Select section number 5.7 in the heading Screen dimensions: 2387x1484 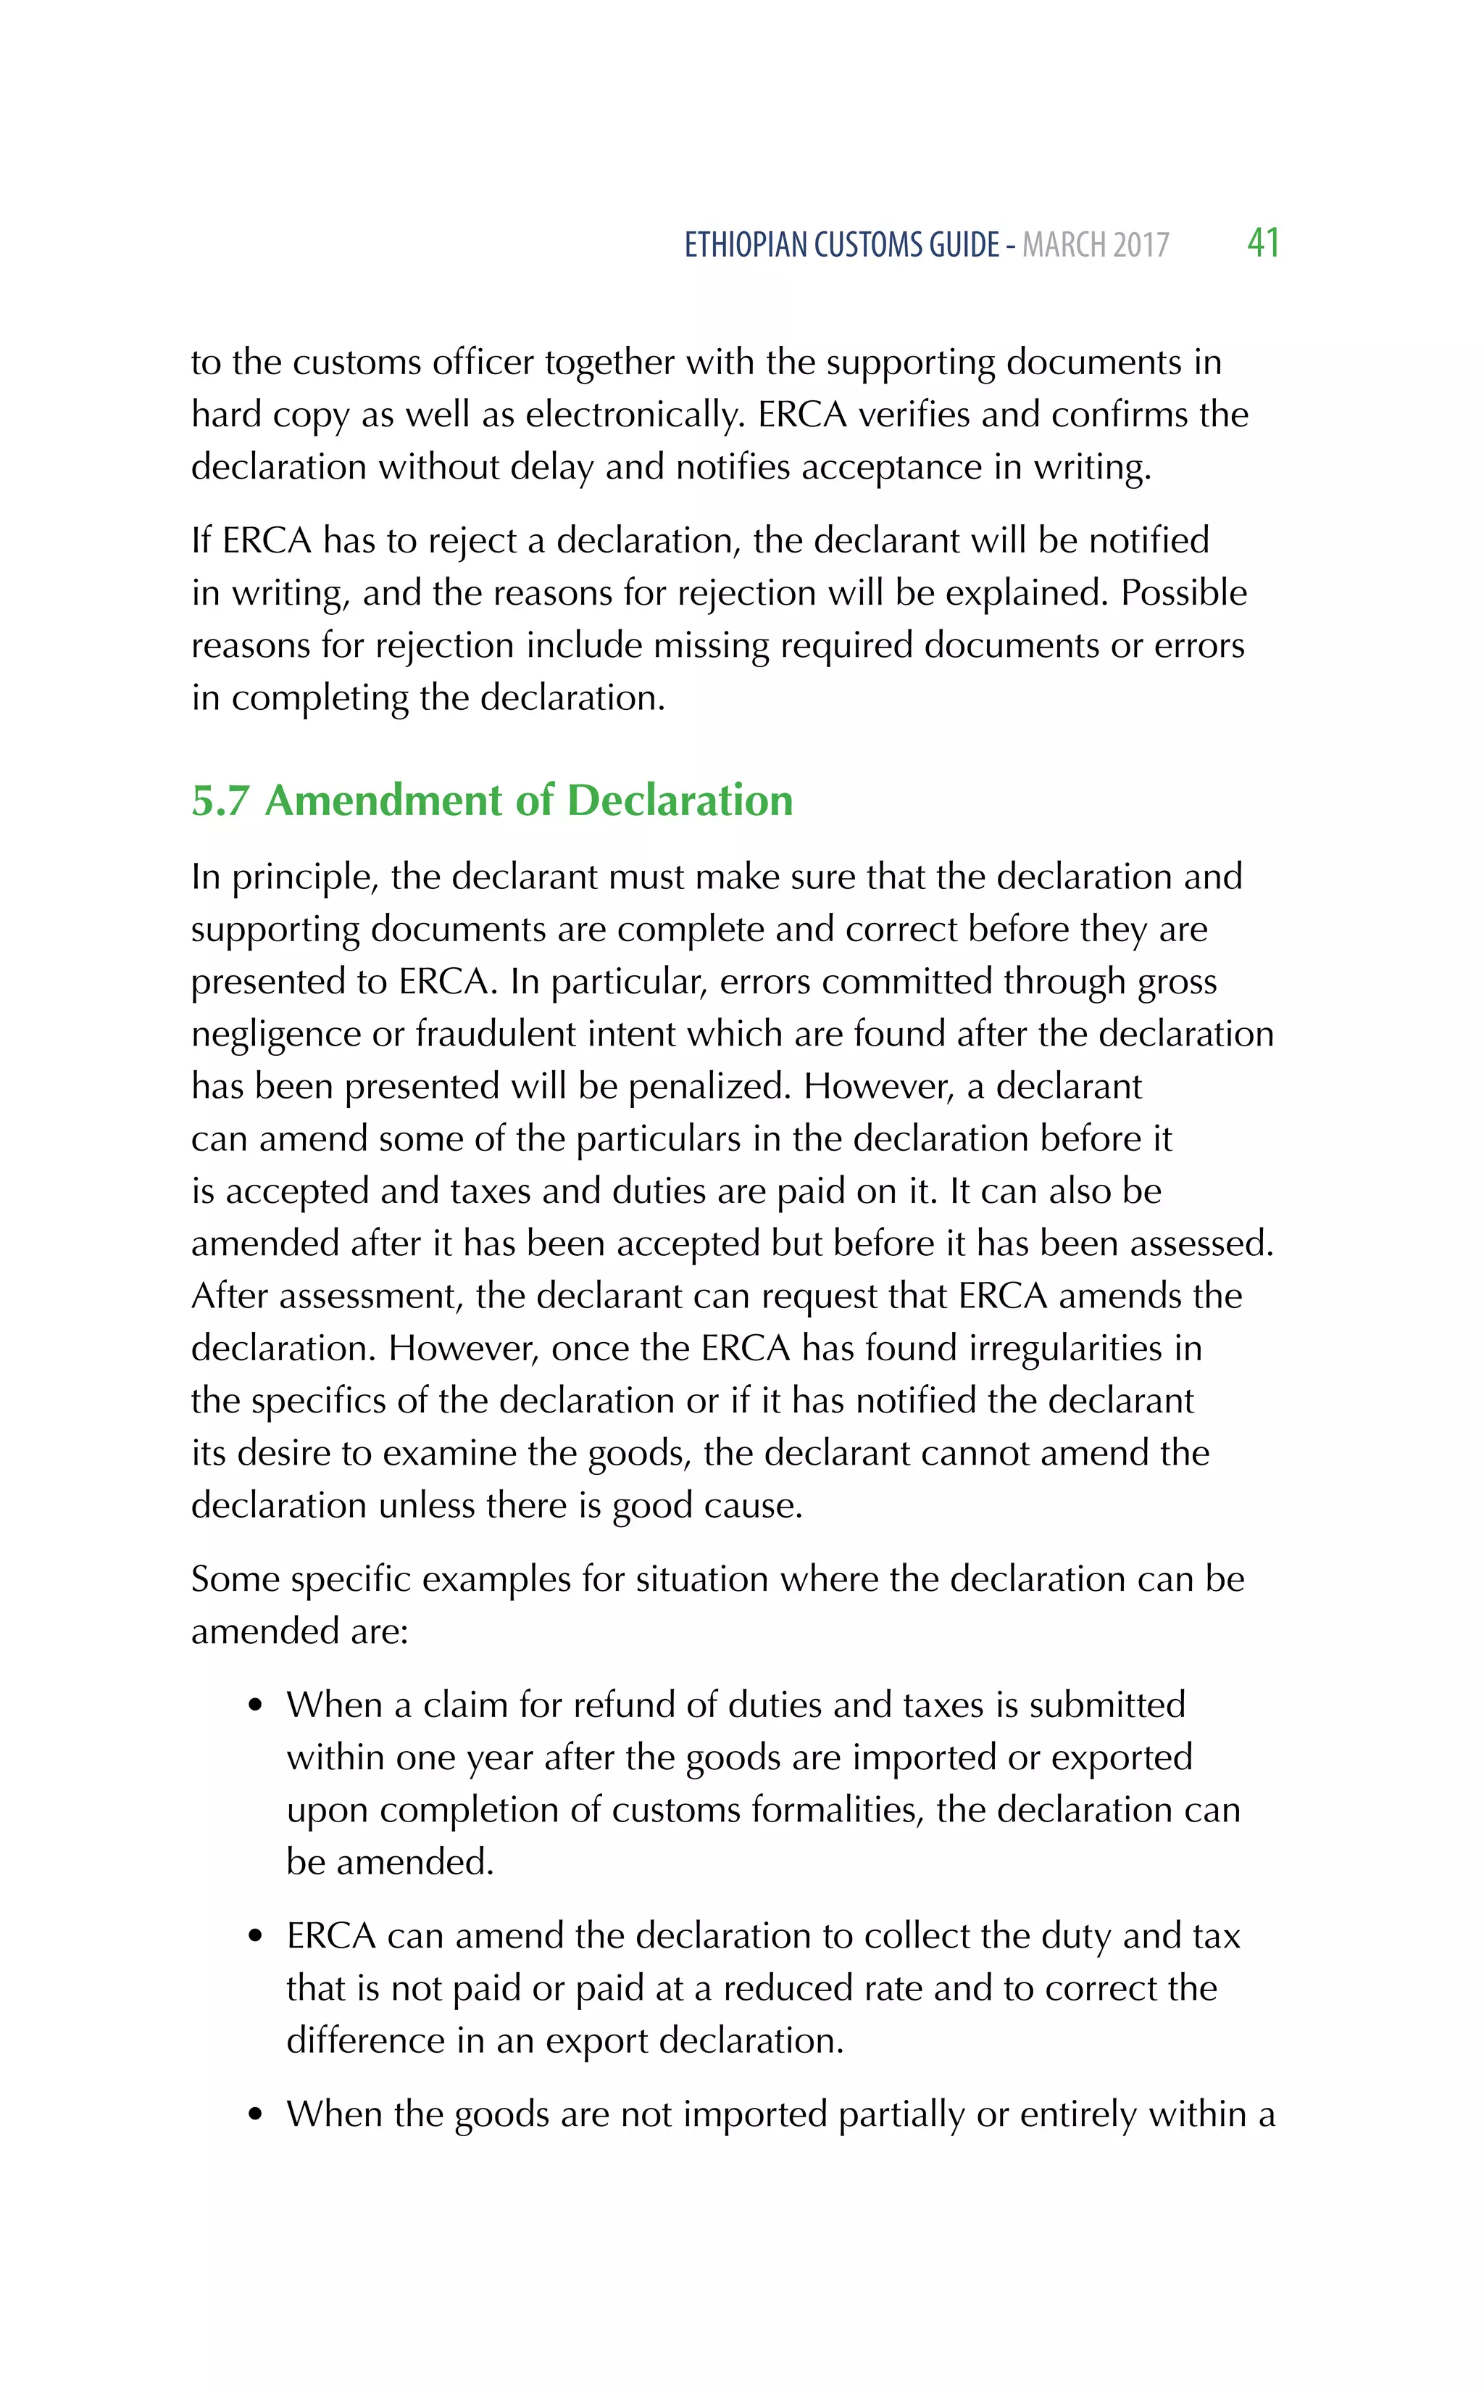click(220, 801)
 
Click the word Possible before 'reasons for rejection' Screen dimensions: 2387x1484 click(1184, 593)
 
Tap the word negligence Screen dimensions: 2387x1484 click(276, 1035)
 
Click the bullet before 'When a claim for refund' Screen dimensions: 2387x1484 click(257, 1707)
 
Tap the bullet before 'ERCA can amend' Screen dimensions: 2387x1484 click(257, 1937)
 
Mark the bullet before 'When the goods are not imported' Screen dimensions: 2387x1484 click(257, 2116)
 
